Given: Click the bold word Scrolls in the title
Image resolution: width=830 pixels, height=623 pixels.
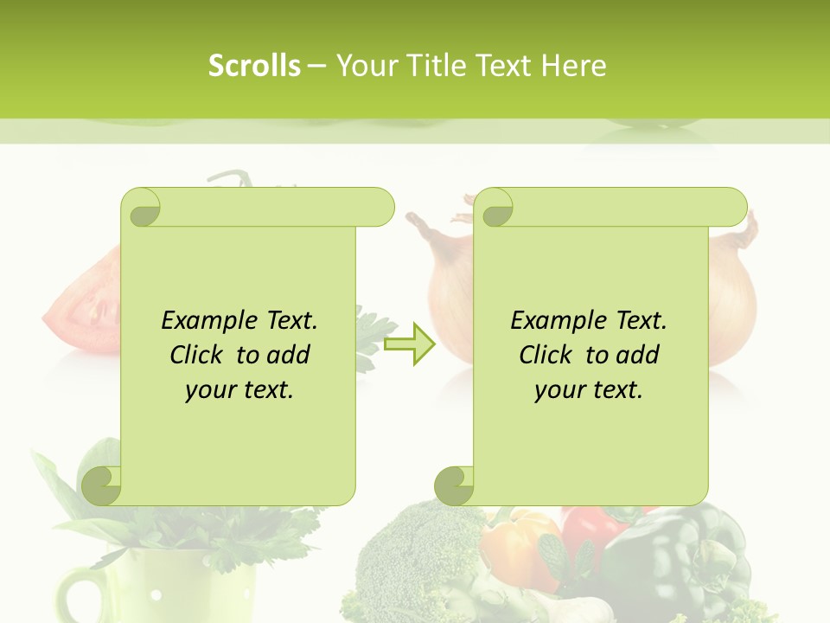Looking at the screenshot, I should click(254, 66).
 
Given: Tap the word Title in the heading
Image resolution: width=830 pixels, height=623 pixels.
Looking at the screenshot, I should click(444, 66).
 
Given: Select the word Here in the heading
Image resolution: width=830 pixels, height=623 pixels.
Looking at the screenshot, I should click(574, 66).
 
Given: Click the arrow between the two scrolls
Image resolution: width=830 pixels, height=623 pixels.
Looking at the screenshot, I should click(410, 344).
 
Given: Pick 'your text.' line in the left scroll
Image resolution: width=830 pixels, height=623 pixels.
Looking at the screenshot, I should click(239, 389).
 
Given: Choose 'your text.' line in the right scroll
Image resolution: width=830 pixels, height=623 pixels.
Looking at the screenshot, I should click(589, 389).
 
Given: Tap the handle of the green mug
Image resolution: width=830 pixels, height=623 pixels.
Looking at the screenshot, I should click(80, 597).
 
